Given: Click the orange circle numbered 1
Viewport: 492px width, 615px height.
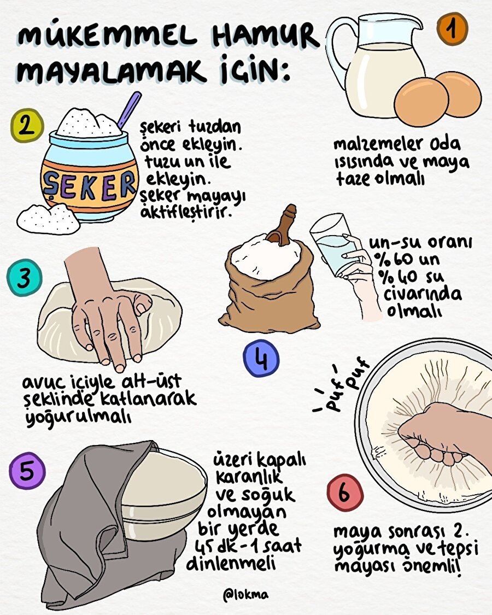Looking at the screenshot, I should click(x=452, y=28).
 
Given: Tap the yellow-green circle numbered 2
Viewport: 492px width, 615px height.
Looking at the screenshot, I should click(x=26, y=125).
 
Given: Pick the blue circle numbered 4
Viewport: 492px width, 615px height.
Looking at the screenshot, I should click(x=261, y=360).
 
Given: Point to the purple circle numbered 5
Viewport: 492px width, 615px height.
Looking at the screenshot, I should click(x=27, y=470).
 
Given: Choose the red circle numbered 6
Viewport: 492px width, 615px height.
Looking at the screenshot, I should click(x=344, y=492).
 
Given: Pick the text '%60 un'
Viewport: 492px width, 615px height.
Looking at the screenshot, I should click(x=403, y=259).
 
